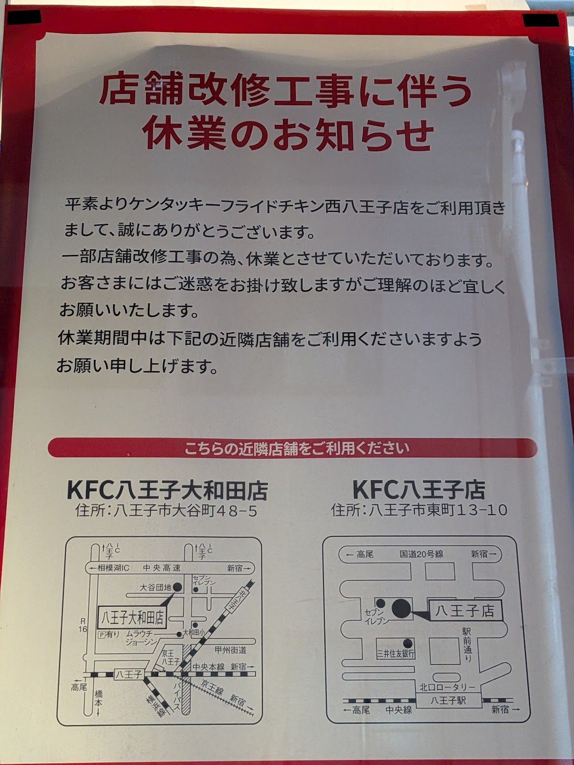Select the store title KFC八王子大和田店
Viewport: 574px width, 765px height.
click(x=167, y=490)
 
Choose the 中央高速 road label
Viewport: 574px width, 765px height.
click(x=162, y=568)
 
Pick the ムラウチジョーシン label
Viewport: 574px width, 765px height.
click(x=141, y=638)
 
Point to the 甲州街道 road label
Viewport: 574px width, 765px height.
click(x=230, y=650)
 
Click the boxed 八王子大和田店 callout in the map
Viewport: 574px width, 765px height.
click(x=132, y=617)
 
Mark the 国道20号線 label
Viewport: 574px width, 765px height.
click(x=421, y=554)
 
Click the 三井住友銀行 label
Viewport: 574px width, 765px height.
click(x=396, y=654)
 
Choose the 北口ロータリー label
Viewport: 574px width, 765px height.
click(x=447, y=687)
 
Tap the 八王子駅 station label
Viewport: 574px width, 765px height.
click(x=448, y=701)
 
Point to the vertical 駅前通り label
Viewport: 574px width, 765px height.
click(x=466, y=644)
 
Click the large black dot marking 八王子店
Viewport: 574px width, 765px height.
click(x=401, y=609)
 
